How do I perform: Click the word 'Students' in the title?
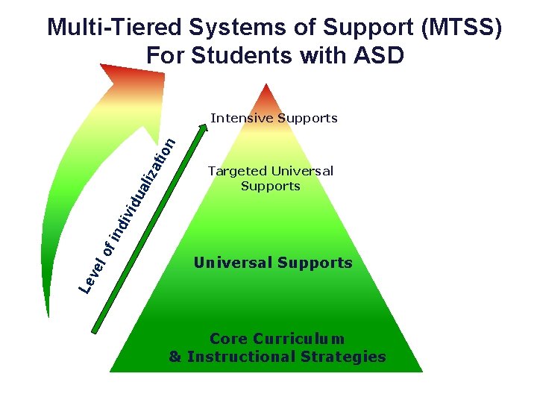coord(251,55)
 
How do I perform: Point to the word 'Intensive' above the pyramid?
coord(242,118)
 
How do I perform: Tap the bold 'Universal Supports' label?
coord(272,263)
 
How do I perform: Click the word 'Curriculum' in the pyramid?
coord(302,339)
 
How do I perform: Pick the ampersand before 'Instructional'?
coord(175,357)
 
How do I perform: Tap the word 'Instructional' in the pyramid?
coord(245,357)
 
